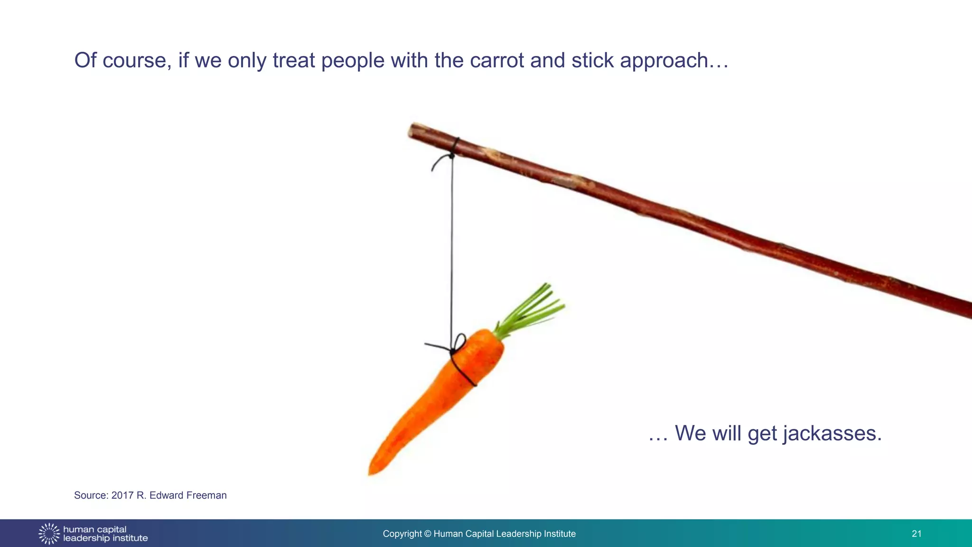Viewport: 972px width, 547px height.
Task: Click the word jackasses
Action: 832,434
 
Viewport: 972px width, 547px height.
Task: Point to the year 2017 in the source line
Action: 122,495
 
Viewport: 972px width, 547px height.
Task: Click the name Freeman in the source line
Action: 206,495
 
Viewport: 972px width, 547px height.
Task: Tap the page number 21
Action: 916,534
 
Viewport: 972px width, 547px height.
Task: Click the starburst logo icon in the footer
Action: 49,534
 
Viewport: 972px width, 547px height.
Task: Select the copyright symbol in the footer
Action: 428,534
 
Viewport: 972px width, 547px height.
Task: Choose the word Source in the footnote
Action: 90,495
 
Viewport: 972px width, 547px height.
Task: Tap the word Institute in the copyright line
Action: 560,534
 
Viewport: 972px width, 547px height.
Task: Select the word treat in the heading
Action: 293,61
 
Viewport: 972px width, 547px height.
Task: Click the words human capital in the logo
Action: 94,529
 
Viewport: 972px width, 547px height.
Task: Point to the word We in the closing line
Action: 690,434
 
